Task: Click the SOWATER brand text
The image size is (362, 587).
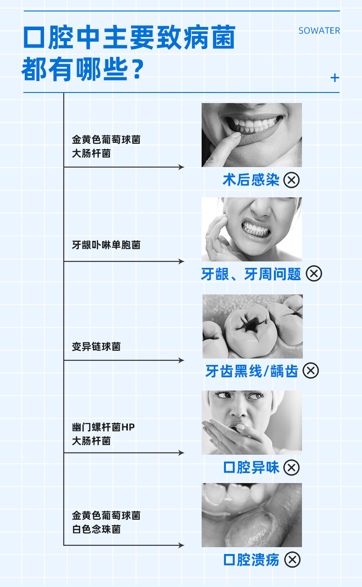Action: coord(319,31)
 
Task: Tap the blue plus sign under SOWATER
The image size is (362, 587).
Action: coord(335,78)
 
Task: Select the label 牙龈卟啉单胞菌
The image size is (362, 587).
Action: coord(106,245)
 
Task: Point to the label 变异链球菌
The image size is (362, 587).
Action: coord(96,347)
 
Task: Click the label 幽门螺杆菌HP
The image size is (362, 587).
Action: coord(104,427)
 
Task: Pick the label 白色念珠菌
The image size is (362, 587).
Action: coord(96,529)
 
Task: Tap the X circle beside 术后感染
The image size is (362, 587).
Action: coord(291,180)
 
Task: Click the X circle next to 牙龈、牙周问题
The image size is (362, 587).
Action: coord(314,274)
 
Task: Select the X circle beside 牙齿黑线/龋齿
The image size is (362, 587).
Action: coord(311,370)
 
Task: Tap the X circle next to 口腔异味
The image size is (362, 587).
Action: coord(291,467)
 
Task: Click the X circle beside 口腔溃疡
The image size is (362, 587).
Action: coord(292,560)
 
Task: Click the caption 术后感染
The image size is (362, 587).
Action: coord(251,180)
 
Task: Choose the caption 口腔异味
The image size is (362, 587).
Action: coord(251,467)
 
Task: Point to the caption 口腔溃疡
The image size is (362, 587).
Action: coord(251,560)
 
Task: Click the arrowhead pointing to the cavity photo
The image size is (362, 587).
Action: coord(181,360)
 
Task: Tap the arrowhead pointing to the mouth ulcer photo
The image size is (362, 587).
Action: coord(181,545)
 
